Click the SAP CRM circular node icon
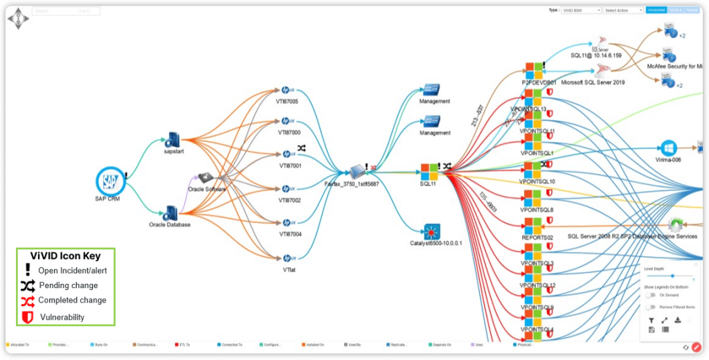point(109,181)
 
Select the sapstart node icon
point(172,140)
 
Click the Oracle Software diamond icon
point(206,178)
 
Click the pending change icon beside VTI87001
point(302,148)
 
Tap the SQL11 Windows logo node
point(429,171)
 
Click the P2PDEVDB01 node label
point(539,82)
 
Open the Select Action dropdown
point(623,10)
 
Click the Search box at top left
point(66,11)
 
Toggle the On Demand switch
point(649,295)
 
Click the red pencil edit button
point(697,347)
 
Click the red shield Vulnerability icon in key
point(28,316)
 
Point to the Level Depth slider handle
point(672,276)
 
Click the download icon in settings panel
point(678,320)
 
